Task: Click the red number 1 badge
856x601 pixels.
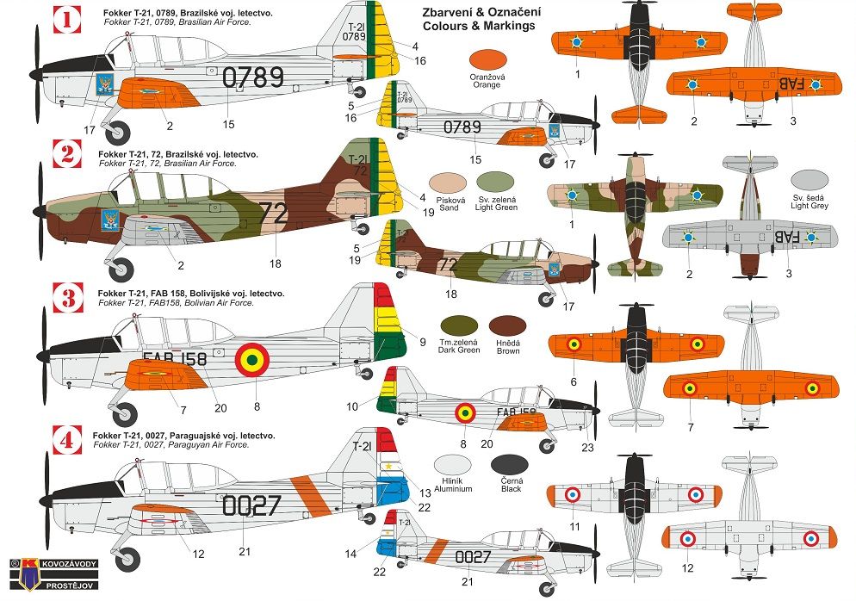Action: click(67, 20)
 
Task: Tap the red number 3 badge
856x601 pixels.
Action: click(68, 298)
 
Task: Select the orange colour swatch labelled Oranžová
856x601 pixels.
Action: click(487, 60)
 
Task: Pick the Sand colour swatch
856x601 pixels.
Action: click(448, 183)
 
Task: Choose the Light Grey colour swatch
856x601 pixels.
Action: click(809, 181)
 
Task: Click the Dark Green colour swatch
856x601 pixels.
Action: click(458, 325)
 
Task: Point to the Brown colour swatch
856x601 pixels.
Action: click(508, 325)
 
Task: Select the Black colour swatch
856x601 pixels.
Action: click(509, 465)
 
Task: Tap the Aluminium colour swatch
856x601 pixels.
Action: click(453, 465)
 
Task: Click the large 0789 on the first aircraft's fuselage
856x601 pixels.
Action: click(253, 77)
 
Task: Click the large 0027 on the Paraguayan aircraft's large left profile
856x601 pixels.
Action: click(251, 505)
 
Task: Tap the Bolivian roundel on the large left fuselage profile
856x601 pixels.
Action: click(252, 359)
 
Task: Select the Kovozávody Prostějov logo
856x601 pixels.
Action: click(53, 574)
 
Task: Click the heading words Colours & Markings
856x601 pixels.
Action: click(479, 26)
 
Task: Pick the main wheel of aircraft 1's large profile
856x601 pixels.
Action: click(117, 133)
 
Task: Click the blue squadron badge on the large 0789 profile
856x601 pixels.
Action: click(104, 84)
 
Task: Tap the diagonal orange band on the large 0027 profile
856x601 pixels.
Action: click(311, 496)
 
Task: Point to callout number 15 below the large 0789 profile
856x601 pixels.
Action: click(229, 125)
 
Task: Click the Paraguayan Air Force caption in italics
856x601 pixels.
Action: click(171, 445)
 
